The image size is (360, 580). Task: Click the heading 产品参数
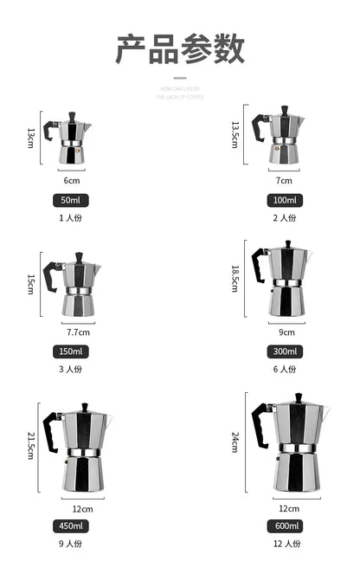[180, 49]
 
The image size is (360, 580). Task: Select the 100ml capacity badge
[285, 200]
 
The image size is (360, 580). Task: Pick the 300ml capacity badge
[285, 351]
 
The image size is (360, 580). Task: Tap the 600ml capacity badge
[285, 525]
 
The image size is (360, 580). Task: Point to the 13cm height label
[32, 138]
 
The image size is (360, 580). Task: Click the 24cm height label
[235, 443]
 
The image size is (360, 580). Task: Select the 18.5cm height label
[235, 280]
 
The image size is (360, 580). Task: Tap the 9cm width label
[286, 332]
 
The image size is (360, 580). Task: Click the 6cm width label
[73, 180]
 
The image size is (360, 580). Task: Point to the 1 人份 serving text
[71, 217]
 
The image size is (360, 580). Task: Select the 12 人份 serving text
[285, 544]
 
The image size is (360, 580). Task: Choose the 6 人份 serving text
[285, 369]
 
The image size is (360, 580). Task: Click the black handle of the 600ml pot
[259, 423]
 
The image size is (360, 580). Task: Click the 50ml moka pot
[73, 139]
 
